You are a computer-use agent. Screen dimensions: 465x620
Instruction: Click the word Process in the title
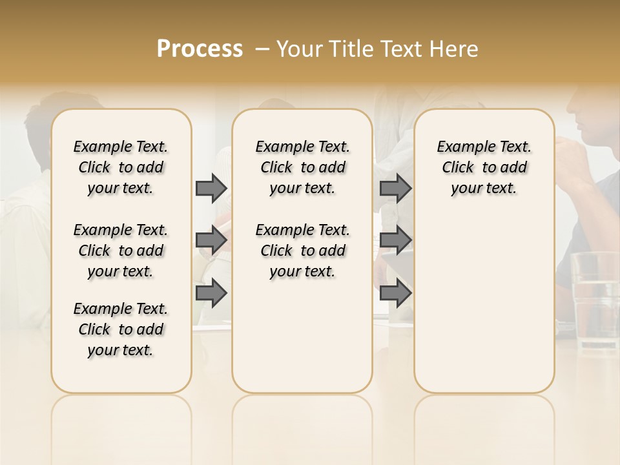pos(200,49)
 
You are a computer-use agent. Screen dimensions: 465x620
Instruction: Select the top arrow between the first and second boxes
pos(211,188)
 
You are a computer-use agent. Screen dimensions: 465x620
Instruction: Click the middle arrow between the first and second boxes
pos(211,240)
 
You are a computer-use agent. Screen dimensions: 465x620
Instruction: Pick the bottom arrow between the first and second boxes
pos(211,293)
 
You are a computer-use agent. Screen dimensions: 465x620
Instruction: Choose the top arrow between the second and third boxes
pos(395,188)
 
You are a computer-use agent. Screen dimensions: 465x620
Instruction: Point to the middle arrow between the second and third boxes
pos(395,240)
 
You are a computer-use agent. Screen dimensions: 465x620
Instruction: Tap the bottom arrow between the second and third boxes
pos(395,293)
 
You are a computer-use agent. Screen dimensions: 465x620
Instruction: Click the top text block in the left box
pos(121,167)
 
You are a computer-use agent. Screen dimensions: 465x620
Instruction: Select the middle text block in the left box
pos(121,251)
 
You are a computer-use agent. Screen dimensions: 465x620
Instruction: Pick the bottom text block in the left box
pos(121,329)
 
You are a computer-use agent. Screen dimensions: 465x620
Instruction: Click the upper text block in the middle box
pos(302,167)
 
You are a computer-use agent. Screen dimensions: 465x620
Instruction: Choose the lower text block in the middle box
pos(302,251)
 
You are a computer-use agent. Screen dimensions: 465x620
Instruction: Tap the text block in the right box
pos(484,167)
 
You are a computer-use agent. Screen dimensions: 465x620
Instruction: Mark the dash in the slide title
pos(262,49)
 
